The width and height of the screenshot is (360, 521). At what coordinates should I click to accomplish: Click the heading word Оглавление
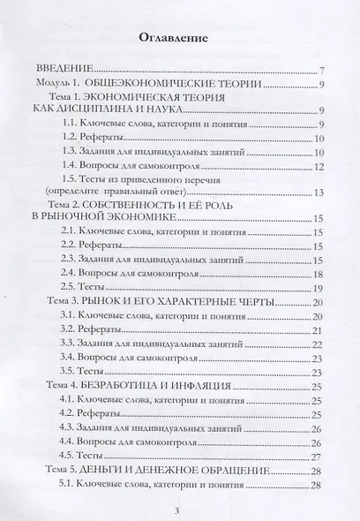pos(179,39)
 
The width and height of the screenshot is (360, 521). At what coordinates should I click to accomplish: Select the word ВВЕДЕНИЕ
pos(65,71)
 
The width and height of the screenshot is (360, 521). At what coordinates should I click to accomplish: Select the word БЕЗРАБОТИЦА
pos(146,386)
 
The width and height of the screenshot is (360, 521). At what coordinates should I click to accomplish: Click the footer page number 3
pos(179,509)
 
